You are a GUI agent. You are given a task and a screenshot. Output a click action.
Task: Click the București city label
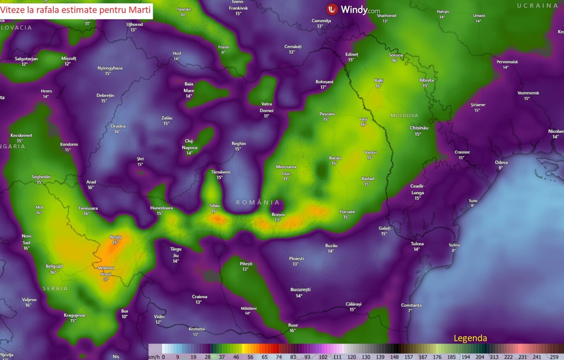click(x=301, y=290)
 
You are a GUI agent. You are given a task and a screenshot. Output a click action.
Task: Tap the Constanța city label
click(x=411, y=305)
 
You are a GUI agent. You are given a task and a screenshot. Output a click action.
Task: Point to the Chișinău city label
click(x=419, y=128)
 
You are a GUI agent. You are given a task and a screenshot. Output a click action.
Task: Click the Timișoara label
click(x=88, y=208)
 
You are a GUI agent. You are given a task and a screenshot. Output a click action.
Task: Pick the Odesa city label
click(x=501, y=162)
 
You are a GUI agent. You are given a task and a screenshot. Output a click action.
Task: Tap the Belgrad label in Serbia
click(x=54, y=266)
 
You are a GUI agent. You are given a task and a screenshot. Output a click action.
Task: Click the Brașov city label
click(x=278, y=215)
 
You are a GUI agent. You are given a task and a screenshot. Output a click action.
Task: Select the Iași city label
click(x=364, y=119)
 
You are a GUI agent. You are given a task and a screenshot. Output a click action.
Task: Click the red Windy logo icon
click(x=332, y=9)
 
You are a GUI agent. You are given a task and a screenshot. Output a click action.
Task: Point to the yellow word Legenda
click(x=470, y=338)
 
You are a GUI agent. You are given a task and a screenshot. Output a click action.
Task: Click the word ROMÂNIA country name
click(x=257, y=202)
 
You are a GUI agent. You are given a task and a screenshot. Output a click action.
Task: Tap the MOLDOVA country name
click(x=404, y=116)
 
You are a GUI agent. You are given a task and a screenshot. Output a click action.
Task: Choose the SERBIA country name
click(x=55, y=288)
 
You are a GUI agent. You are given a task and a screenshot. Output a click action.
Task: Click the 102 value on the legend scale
click(x=323, y=357)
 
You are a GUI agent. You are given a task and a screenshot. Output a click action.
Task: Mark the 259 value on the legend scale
click(x=554, y=357)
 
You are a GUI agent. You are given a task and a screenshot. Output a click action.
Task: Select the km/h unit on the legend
click(x=154, y=357)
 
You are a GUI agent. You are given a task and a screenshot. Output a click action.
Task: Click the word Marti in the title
click(x=140, y=10)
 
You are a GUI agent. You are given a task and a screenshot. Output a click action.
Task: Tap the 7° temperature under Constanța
click(x=410, y=310)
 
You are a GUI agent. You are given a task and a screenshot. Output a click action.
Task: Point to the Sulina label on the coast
click(x=454, y=245)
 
